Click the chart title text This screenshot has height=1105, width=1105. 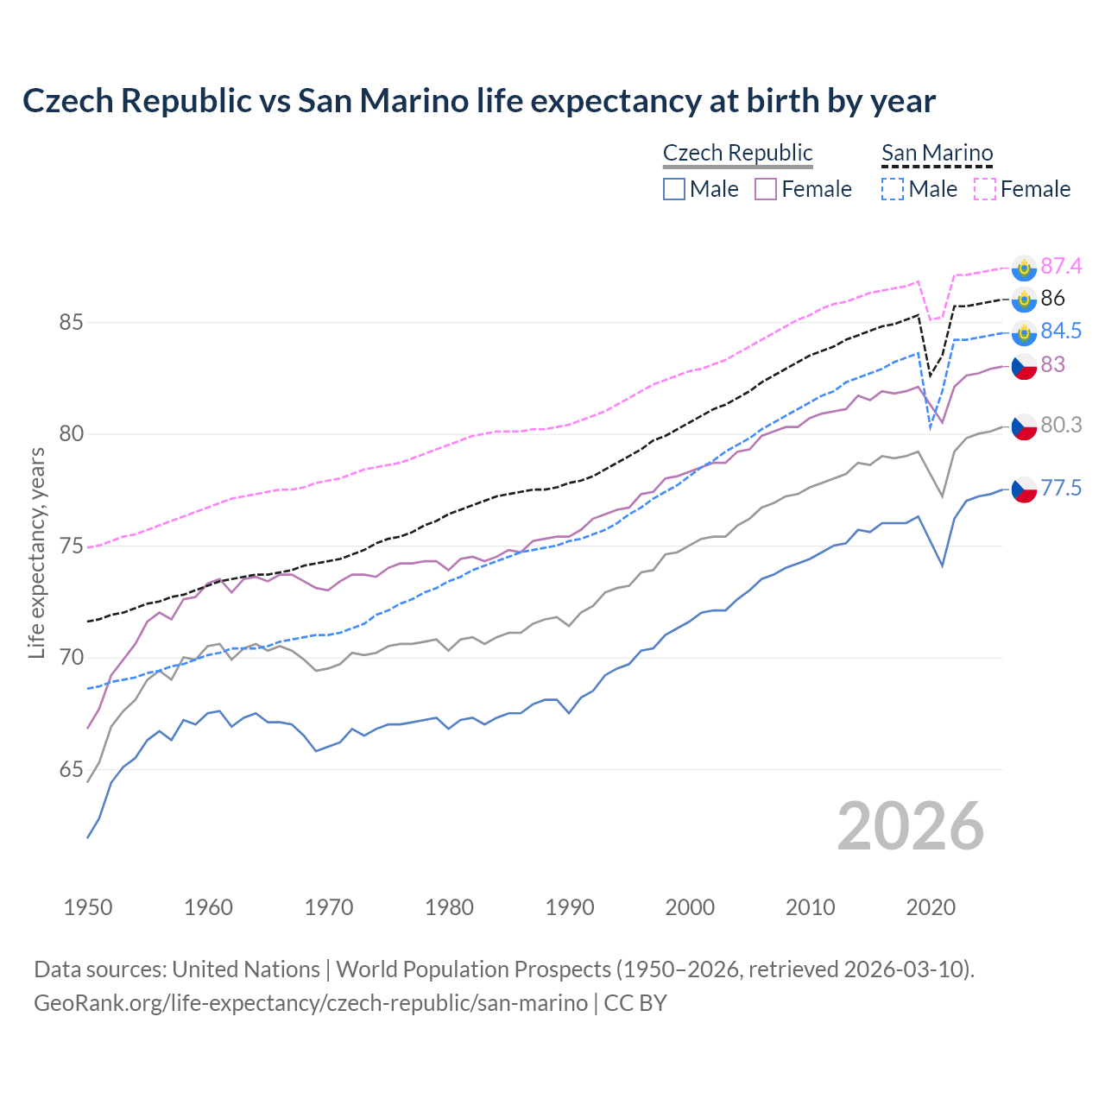pos(479,101)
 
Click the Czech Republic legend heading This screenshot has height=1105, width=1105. pos(737,153)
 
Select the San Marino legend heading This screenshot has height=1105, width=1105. pos(937,153)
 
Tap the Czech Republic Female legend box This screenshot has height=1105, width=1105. pos(766,189)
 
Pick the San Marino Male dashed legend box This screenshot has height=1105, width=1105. pos(893,189)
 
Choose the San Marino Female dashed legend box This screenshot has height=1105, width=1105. pos(985,189)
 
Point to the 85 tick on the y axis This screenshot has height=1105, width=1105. pos(71,323)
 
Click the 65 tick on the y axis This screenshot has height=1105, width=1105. pos(71,770)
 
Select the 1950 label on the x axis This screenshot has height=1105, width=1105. pos(88,907)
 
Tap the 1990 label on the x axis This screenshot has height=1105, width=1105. pos(570,907)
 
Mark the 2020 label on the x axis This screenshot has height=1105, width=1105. pos(931,907)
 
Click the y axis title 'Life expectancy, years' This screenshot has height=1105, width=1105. pos(37,552)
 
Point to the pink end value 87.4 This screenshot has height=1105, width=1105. pos(1061,266)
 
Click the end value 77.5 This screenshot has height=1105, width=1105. pos(1061,489)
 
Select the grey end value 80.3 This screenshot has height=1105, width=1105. pos(1061,425)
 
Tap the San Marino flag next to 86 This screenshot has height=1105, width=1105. pos(1024,300)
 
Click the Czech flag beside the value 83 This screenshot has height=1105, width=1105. pos(1024,366)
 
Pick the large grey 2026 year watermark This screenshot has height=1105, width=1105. pos(911,826)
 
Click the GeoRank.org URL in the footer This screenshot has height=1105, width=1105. pos(311,1003)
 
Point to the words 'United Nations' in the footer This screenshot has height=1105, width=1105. pos(246,969)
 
